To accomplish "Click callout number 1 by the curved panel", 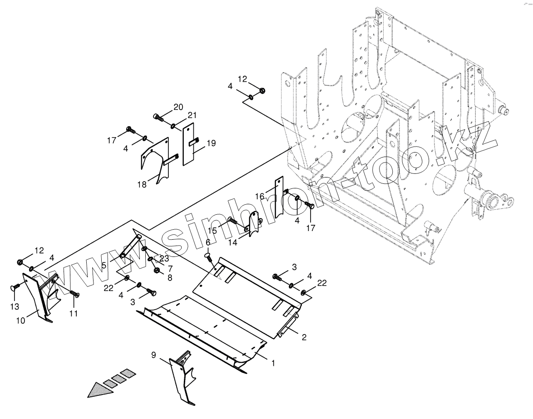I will tap(273, 363).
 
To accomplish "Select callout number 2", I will tap(304, 337).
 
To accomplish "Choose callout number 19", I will tap(211, 143).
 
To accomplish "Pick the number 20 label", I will tap(178, 107).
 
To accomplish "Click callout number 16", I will tap(260, 196).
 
